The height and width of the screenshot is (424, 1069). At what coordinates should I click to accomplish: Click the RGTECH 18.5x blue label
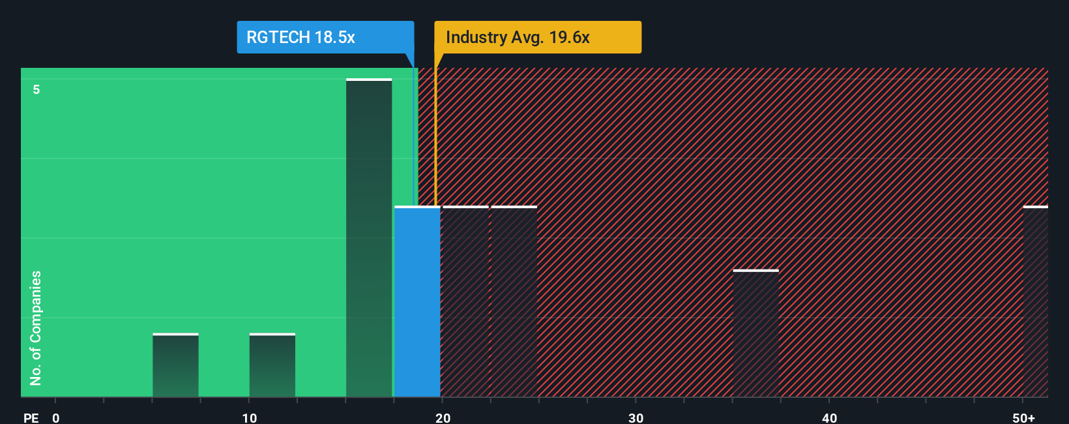(x=325, y=37)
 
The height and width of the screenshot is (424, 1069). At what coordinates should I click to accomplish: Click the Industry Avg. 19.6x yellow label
(x=538, y=37)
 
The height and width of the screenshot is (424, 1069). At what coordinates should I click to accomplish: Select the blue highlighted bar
(x=417, y=301)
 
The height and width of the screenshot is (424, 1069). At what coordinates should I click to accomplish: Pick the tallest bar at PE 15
(x=369, y=238)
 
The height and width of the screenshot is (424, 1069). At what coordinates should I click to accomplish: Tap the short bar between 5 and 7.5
(x=175, y=365)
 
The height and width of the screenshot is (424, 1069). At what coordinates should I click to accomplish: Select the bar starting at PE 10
(x=272, y=365)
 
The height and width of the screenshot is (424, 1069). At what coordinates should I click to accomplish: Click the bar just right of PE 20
(x=465, y=301)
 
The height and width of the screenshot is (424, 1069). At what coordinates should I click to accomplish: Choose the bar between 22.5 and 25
(x=514, y=301)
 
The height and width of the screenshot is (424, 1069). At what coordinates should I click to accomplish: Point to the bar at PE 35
(x=755, y=333)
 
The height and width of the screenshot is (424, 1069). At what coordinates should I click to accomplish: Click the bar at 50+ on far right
(x=1035, y=301)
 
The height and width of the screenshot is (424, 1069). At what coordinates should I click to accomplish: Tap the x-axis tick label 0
(x=56, y=417)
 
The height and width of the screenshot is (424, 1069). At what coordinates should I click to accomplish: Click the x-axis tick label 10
(x=249, y=417)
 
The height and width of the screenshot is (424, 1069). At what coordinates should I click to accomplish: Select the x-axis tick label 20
(x=443, y=417)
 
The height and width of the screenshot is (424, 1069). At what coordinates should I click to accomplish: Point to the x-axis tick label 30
(x=636, y=417)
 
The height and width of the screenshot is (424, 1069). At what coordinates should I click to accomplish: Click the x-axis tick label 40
(x=829, y=417)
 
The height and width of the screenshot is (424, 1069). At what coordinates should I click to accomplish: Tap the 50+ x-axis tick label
(x=1024, y=417)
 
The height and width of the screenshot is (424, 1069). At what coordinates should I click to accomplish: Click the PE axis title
(x=31, y=417)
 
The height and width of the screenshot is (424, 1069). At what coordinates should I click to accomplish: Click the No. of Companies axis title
(x=36, y=327)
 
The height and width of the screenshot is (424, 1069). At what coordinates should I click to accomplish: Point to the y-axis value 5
(x=37, y=89)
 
